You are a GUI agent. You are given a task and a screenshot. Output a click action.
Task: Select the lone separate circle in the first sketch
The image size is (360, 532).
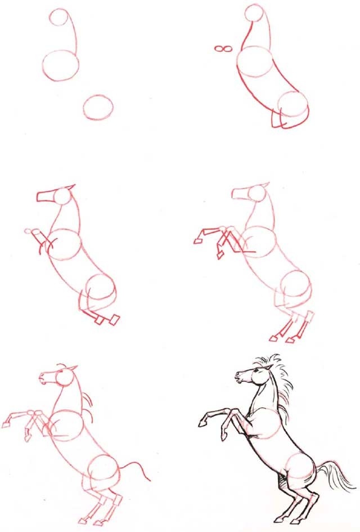click(x=98, y=106)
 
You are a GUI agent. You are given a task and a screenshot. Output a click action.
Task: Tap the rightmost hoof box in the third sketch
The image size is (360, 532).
click(x=114, y=319)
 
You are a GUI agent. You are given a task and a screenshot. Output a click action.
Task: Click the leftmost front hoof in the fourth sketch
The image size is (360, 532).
click(x=198, y=240)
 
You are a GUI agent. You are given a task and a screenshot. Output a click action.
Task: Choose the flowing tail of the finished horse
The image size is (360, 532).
click(x=337, y=479)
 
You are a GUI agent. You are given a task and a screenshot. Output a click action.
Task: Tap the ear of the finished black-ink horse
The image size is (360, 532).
click(x=271, y=368)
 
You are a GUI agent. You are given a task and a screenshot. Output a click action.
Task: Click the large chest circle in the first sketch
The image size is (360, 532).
click(x=60, y=65)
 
